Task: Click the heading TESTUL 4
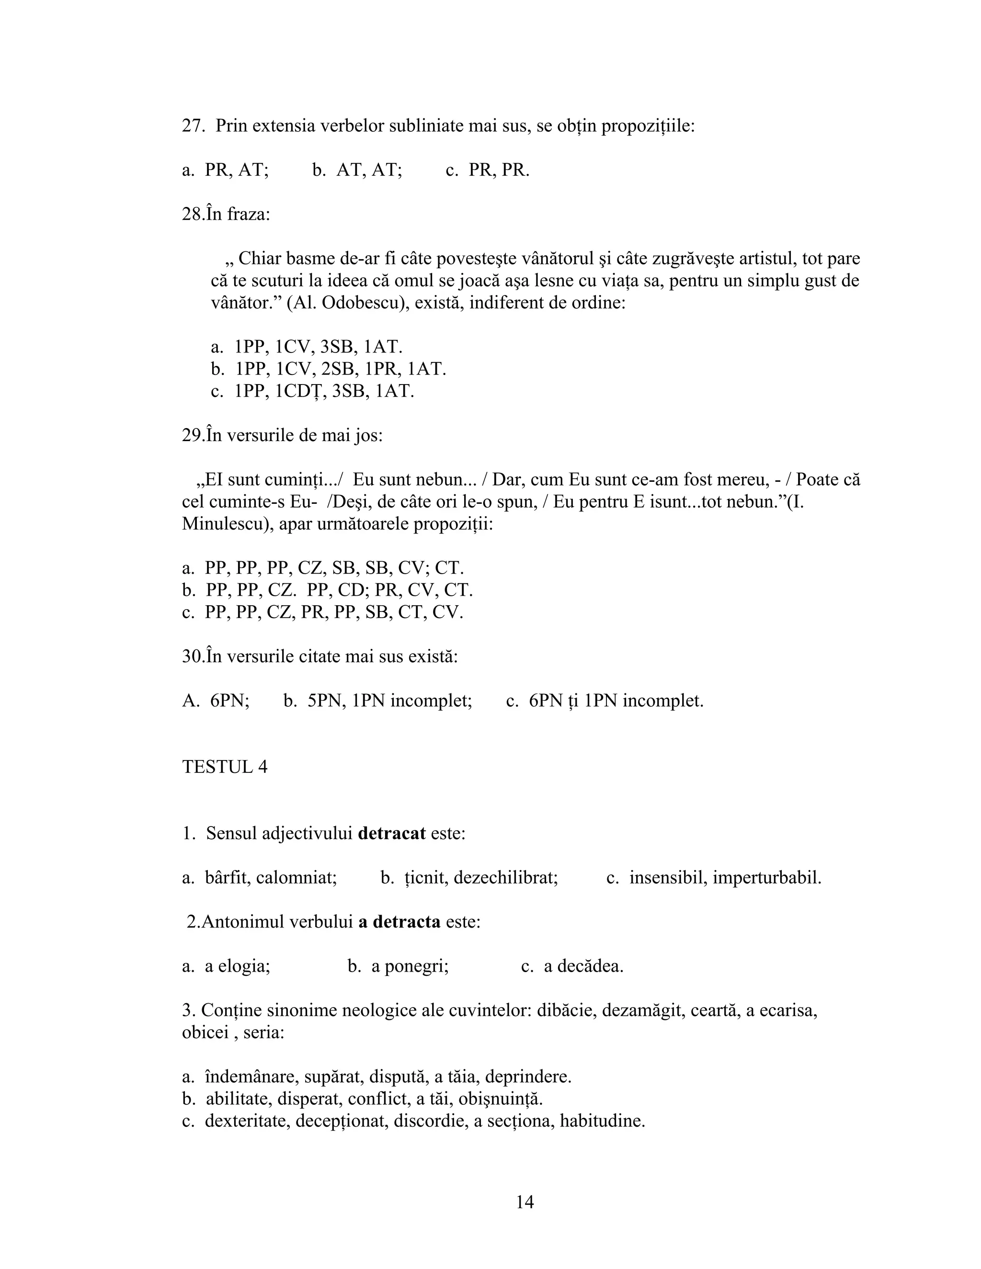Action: click(225, 767)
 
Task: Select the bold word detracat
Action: click(392, 833)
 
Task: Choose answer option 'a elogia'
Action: click(237, 966)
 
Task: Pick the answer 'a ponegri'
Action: click(410, 966)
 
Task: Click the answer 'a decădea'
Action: click(583, 966)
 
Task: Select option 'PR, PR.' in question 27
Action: click(499, 170)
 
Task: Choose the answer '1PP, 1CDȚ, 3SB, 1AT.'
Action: click(324, 391)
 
